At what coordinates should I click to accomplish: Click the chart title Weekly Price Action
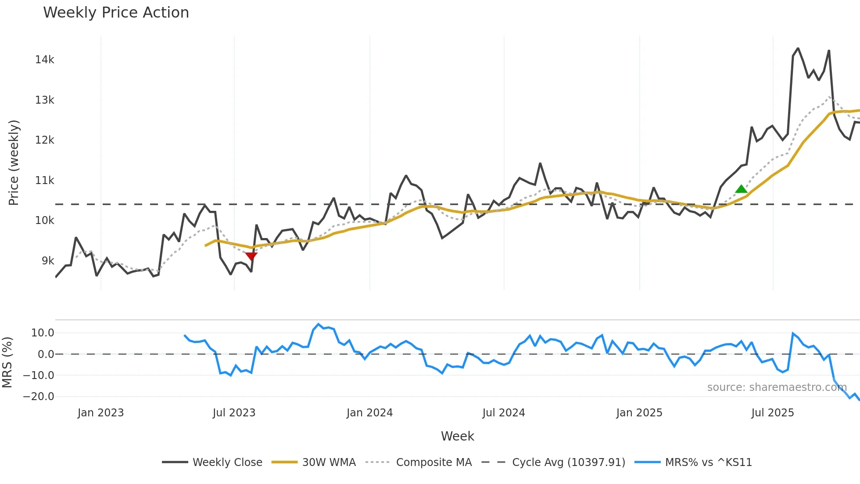coord(116,13)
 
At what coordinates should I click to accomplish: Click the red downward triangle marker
coord(251,256)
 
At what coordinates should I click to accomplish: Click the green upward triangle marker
coord(741,189)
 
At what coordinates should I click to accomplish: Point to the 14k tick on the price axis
coord(45,60)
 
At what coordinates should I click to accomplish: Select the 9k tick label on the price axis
coord(48,261)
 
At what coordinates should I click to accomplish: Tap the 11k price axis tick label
coord(45,181)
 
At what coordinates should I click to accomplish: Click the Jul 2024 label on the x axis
coord(503,413)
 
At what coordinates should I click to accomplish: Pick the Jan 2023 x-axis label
coord(100,413)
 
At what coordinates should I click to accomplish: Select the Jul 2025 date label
coord(772,413)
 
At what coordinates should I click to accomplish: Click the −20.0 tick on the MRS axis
coord(39,397)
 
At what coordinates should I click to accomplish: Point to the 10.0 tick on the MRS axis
coord(43,333)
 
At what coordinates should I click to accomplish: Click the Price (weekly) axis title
coord(14,163)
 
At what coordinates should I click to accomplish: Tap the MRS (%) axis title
coord(7,362)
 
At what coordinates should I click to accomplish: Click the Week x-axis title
coord(457,436)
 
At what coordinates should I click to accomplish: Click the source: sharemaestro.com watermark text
coord(777,387)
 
